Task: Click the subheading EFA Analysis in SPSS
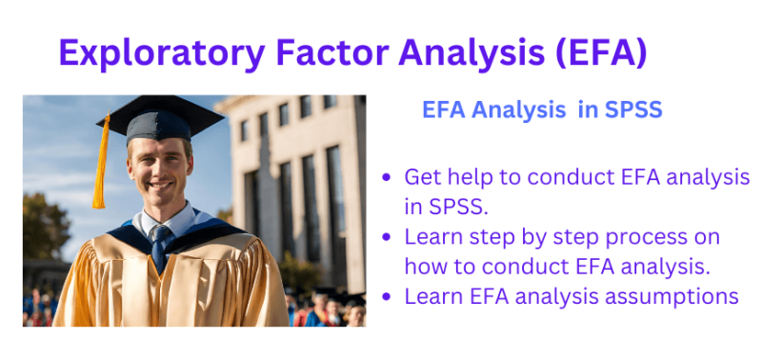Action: (541, 110)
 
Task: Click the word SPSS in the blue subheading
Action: (632, 110)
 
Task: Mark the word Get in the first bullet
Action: (421, 177)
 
